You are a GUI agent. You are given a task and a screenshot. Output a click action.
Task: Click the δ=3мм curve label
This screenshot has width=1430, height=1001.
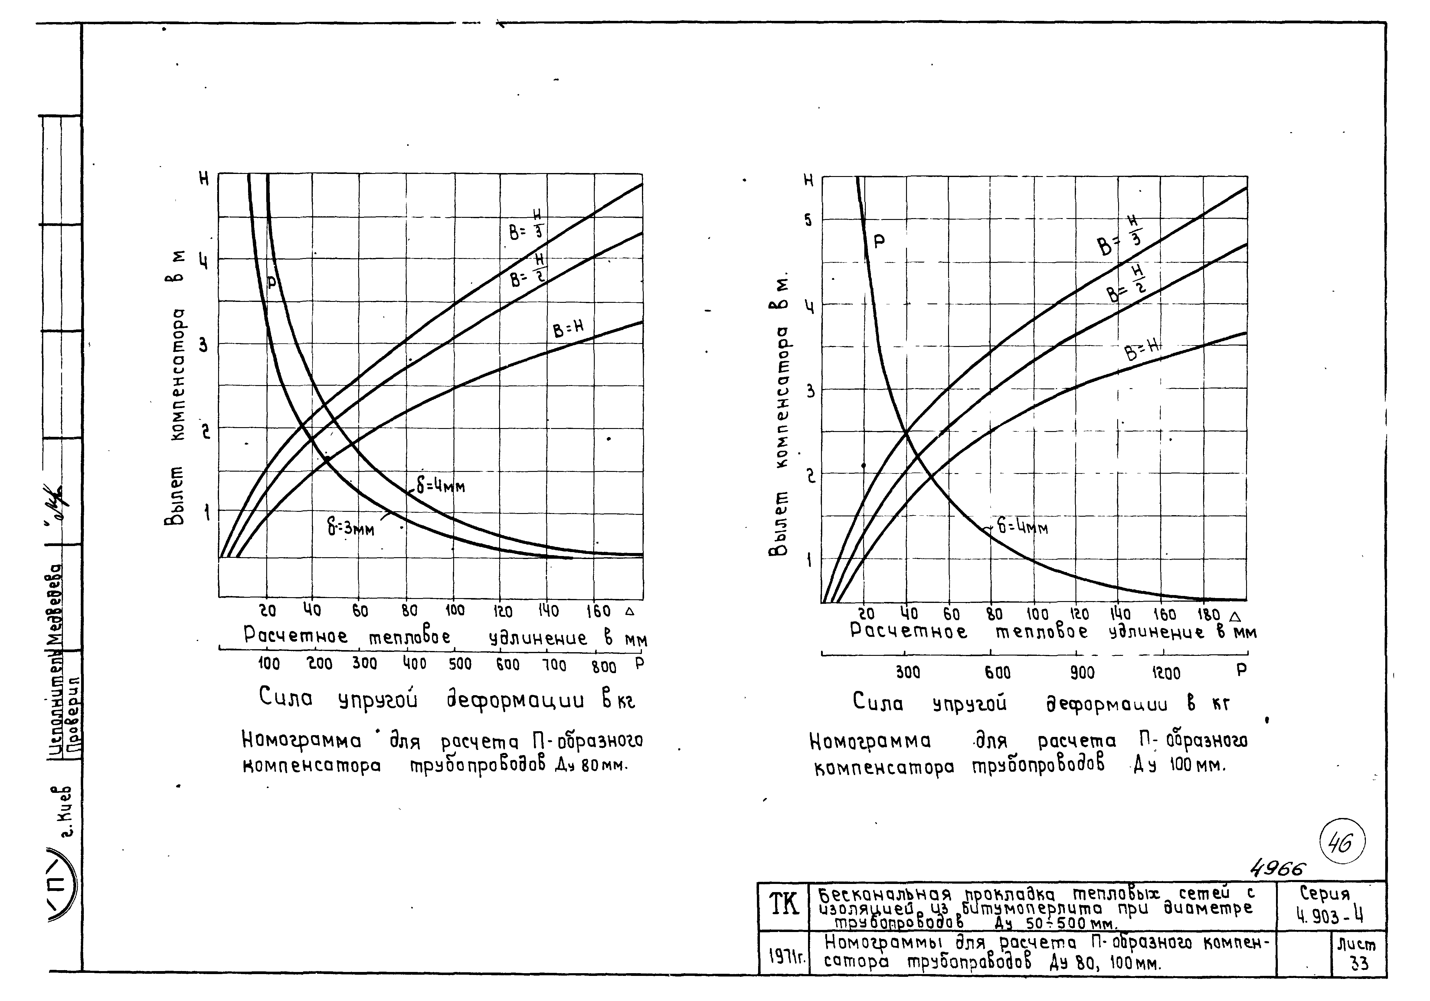coord(351,528)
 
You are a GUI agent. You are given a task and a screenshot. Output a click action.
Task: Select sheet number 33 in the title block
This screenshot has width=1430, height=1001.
coord(1360,963)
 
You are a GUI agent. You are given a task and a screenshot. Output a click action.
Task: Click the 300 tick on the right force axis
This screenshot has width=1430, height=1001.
coord(908,673)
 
